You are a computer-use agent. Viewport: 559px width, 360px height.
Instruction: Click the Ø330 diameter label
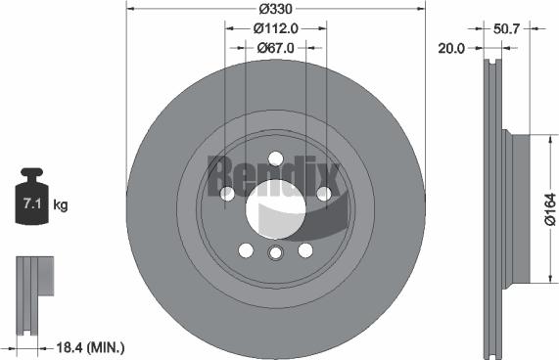(275, 10)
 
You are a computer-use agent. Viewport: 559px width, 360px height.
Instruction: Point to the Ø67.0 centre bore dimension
(276, 47)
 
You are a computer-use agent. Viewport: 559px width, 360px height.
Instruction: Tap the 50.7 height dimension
(506, 29)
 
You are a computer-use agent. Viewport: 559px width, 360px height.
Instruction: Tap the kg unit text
(60, 205)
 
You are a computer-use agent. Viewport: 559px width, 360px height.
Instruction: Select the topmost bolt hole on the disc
(275, 158)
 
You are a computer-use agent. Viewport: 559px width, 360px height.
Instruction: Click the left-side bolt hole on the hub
(228, 194)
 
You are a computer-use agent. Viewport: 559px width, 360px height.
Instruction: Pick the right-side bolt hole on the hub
(322, 194)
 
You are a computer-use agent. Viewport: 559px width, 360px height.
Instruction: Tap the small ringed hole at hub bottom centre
(275, 254)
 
